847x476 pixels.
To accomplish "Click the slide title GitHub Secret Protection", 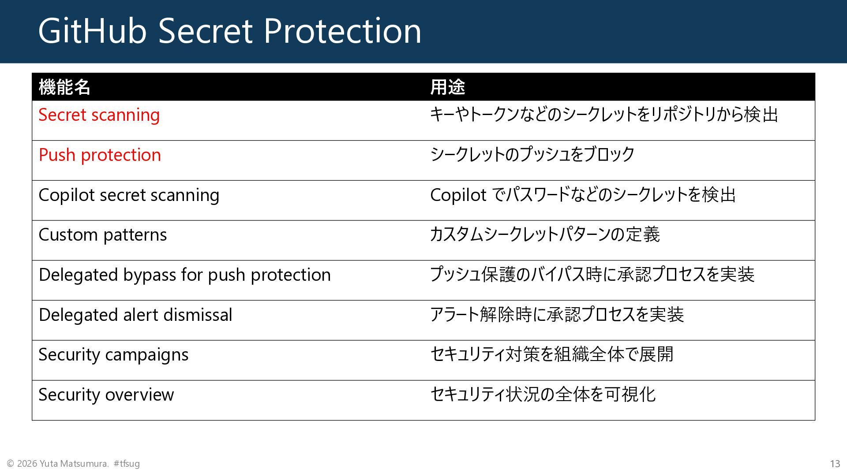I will (229, 31).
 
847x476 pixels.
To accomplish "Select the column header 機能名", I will (64, 87).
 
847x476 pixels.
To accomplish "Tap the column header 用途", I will (447, 87).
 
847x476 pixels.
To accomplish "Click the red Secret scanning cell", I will (99, 115).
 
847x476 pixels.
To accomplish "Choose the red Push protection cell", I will (100, 155).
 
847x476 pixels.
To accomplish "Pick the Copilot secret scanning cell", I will (129, 195).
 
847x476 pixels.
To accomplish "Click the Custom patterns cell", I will (103, 235).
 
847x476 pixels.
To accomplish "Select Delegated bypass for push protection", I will (184, 275).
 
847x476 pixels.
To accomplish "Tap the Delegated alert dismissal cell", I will (135, 315).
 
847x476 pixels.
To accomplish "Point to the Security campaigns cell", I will (113, 355).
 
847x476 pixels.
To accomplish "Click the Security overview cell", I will (106, 395).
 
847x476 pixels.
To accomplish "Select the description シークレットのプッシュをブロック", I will (532, 154).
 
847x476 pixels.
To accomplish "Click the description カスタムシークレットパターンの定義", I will (545, 234).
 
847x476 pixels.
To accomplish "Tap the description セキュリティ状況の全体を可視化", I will (543, 394).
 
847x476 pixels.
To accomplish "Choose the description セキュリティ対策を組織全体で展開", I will (551, 354).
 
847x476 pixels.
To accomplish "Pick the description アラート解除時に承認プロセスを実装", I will (557, 315).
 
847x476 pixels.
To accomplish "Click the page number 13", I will (835, 464).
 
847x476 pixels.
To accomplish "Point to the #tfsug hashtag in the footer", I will (127, 464).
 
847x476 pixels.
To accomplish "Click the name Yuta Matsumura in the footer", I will (74, 464).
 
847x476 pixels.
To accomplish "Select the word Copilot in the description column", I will (458, 195).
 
